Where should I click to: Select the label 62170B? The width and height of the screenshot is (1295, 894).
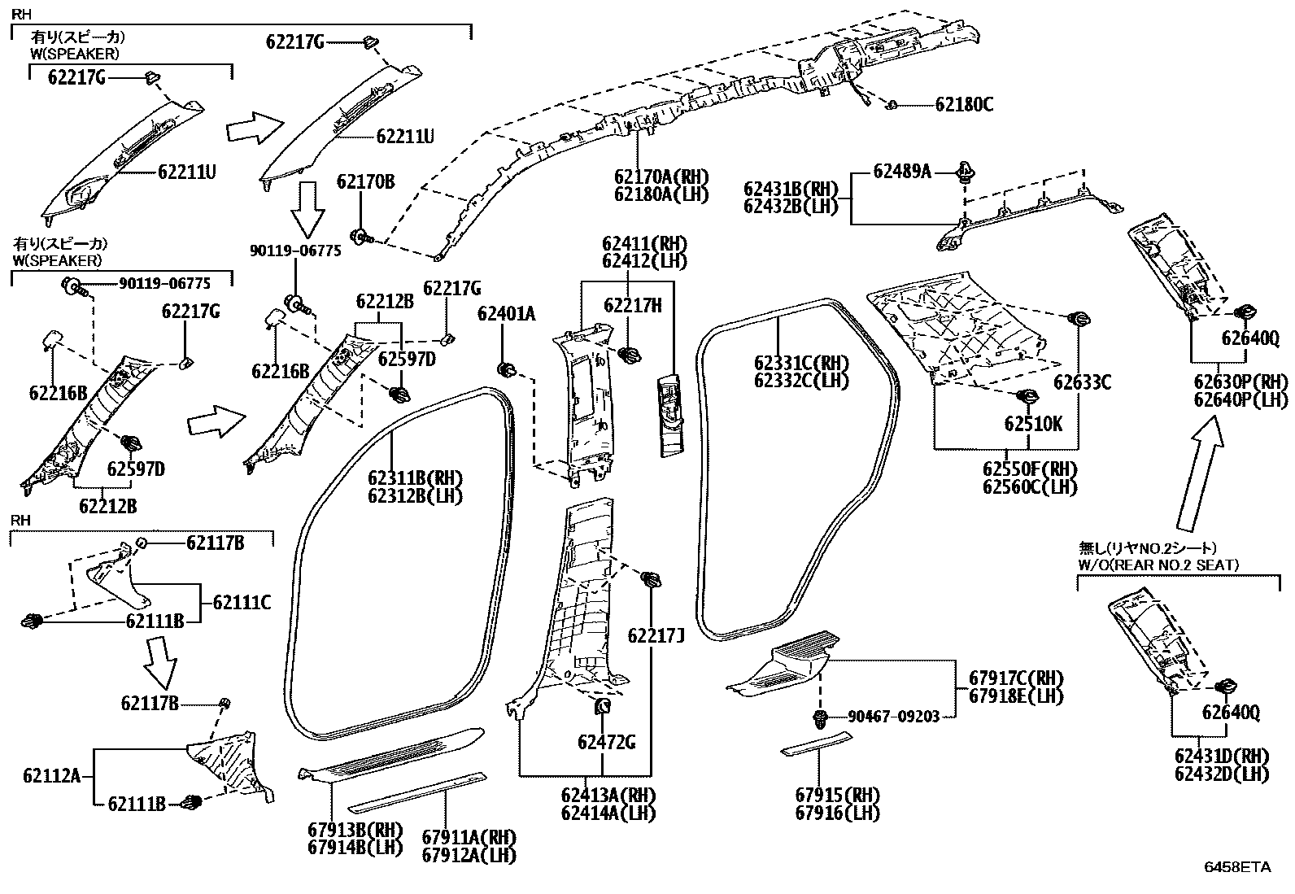pos(366,181)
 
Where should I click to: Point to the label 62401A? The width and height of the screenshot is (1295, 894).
pos(506,314)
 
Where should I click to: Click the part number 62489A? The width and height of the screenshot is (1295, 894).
pos(902,171)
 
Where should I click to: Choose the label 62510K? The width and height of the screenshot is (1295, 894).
pos(1033,424)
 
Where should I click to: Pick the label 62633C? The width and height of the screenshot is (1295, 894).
pos(1082,382)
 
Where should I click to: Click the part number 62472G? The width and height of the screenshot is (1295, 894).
pos(607,742)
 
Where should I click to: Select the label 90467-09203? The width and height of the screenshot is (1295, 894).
pos(893,717)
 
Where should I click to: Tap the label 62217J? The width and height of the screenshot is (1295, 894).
pos(655,635)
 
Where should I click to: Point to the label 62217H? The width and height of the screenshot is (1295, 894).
pos(632,305)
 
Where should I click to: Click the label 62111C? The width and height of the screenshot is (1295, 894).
pos(242,603)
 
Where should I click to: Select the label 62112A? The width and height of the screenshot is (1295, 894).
pos(52,776)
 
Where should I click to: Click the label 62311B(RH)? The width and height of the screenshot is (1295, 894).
pos(415,478)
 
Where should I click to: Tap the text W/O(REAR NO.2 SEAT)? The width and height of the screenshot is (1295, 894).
pos(1158,565)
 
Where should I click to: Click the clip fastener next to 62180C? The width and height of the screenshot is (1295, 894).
pos(892,105)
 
